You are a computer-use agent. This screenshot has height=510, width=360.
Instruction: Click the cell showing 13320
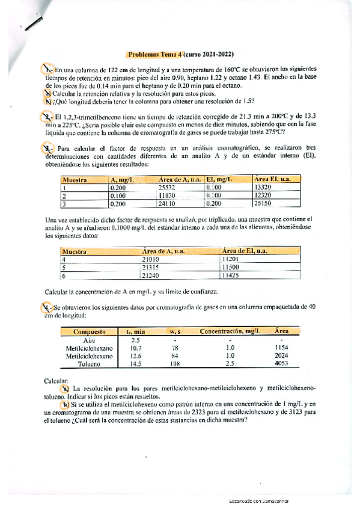tap(265, 187)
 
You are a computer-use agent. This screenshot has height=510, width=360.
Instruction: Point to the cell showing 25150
tap(265, 204)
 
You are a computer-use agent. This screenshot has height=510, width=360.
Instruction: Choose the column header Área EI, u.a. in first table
tap(273, 179)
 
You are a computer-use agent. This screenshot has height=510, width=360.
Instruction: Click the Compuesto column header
tap(90, 331)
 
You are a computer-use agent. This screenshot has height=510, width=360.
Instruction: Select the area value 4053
tap(281, 364)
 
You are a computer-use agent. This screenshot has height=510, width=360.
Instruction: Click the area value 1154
tap(281, 348)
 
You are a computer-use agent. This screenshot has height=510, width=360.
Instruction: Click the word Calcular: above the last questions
tap(57, 381)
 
